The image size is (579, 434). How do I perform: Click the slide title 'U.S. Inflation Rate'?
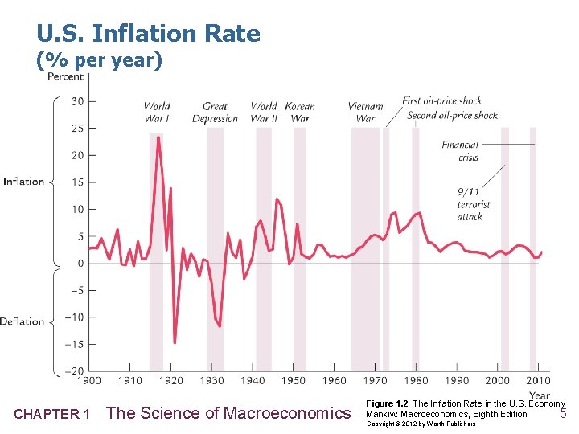pyautogui.click(x=148, y=34)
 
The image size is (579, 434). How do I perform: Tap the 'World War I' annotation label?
pyautogui.click(x=157, y=112)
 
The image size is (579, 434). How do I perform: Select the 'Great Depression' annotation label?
pyautogui.click(x=215, y=112)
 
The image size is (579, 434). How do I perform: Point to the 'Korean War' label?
pyautogui.click(x=300, y=112)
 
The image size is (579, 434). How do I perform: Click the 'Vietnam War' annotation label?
pyautogui.click(x=365, y=112)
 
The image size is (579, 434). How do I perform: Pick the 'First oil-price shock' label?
pyautogui.click(x=442, y=101)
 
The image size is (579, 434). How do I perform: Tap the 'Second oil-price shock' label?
pyautogui.click(x=452, y=115)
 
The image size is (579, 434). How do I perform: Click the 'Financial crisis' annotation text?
pyautogui.click(x=460, y=151)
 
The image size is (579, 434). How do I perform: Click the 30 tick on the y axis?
pyautogui.click(x=77, y=101)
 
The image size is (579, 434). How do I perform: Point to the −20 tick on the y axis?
pyautogui.click(x=74, y=371)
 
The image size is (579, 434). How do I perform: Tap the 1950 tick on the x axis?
pyautogui.click(x=294, y=380)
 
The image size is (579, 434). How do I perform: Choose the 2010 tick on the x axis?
pyautogui.click(x=538, y=380)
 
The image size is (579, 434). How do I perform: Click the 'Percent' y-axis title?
pyautogui.click(x=65, y=76)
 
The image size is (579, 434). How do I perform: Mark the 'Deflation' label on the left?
pyautogui.click(x=23, y=321)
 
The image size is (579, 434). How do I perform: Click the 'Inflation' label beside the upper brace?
pyautogui.click(x=24, y=181)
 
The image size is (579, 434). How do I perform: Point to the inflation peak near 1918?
pyautogui.click(x=158, y=137)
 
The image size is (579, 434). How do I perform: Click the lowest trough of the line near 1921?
pyautogui.click(x=175, y=343)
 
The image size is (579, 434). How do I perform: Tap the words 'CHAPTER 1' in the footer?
pyautogui.click(x=52, y=414)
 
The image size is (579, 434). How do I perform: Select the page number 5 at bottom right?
pyautogui.click(x=563, y=414)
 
